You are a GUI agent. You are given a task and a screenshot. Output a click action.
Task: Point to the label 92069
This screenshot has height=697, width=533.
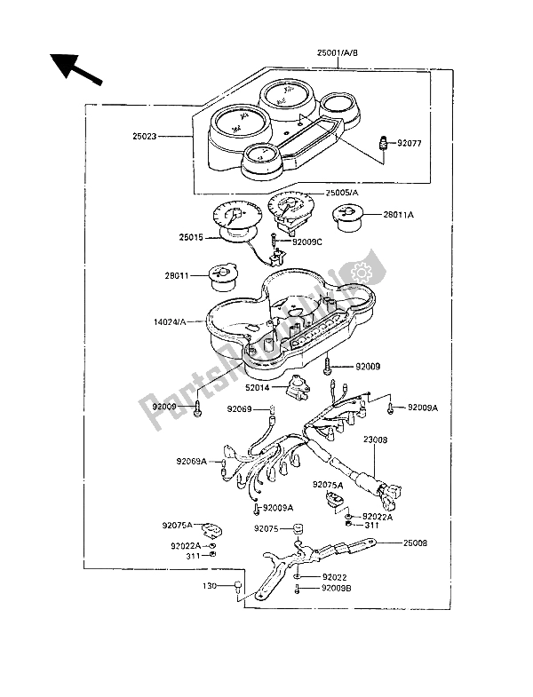[239, 409]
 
